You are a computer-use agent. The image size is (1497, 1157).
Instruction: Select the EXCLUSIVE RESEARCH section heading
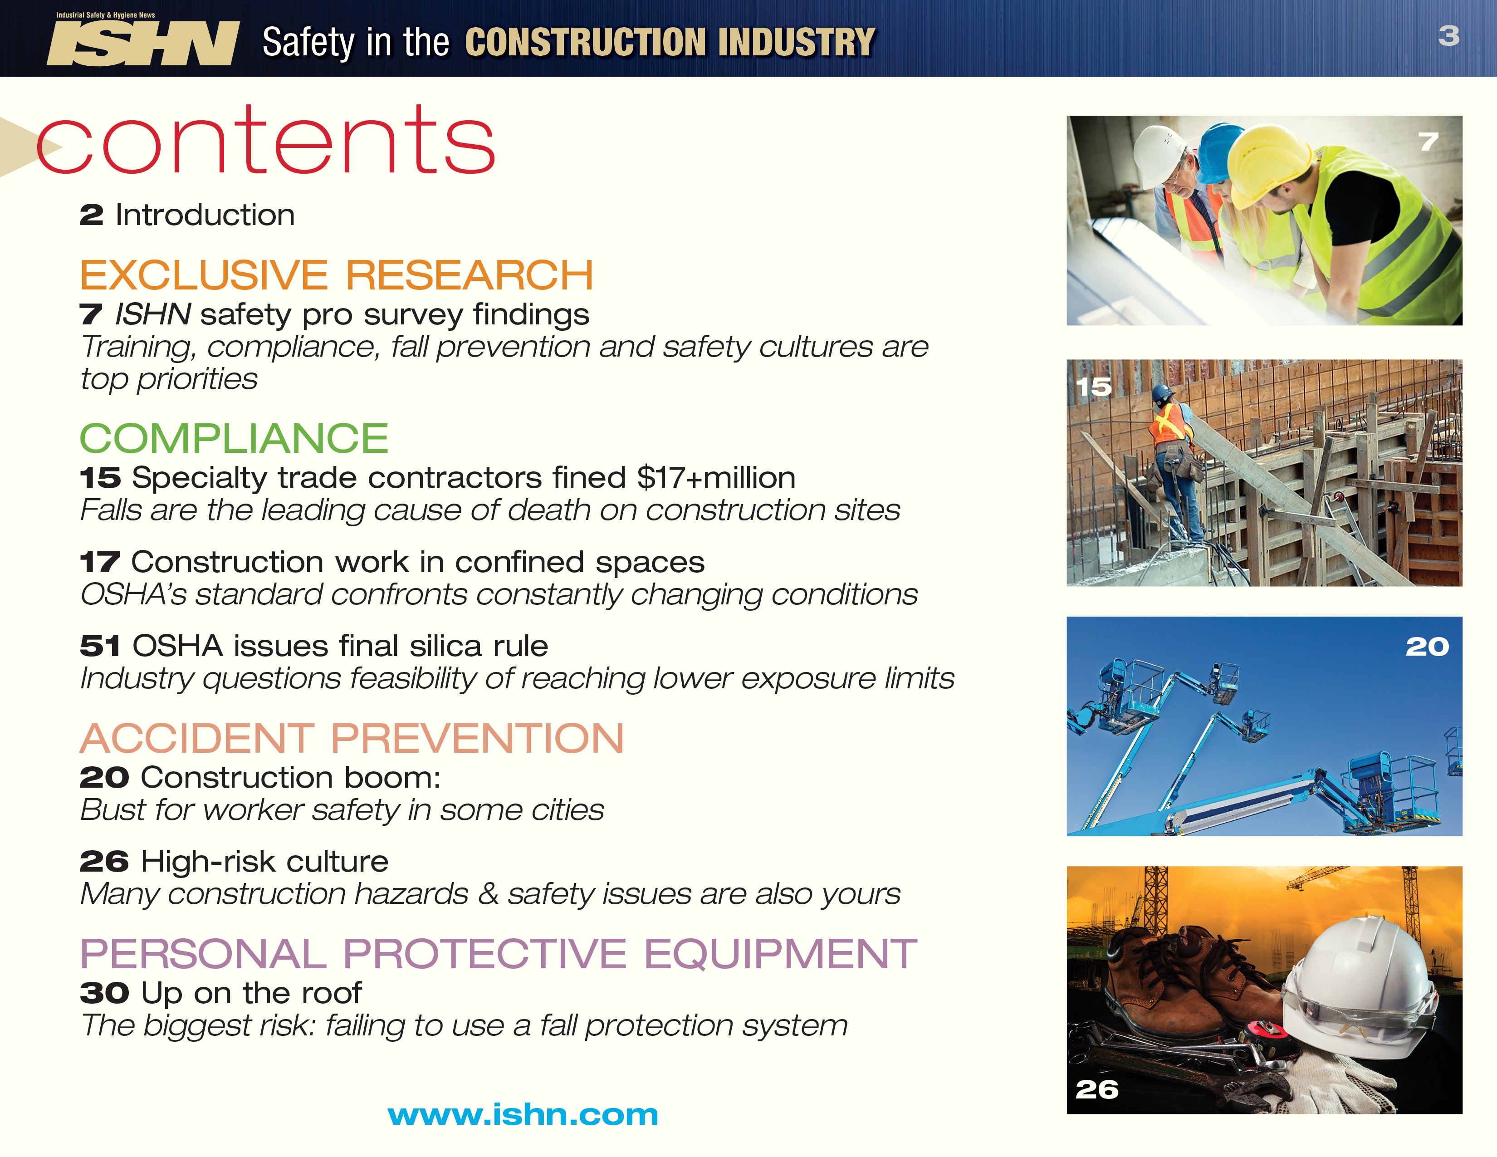[336, 275]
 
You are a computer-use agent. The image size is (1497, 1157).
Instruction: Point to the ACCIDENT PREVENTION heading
[352, 738]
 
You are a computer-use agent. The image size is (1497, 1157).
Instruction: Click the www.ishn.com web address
[522, 1115]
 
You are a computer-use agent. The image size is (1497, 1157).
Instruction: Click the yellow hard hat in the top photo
[1268, 161]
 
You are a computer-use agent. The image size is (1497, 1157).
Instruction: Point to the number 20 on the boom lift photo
[1427, 647]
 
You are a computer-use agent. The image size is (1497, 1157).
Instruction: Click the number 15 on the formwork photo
[1093, 387]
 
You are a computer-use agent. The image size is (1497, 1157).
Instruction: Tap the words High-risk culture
[264, 862]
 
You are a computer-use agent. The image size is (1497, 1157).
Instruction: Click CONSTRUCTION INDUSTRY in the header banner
[670, 43]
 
